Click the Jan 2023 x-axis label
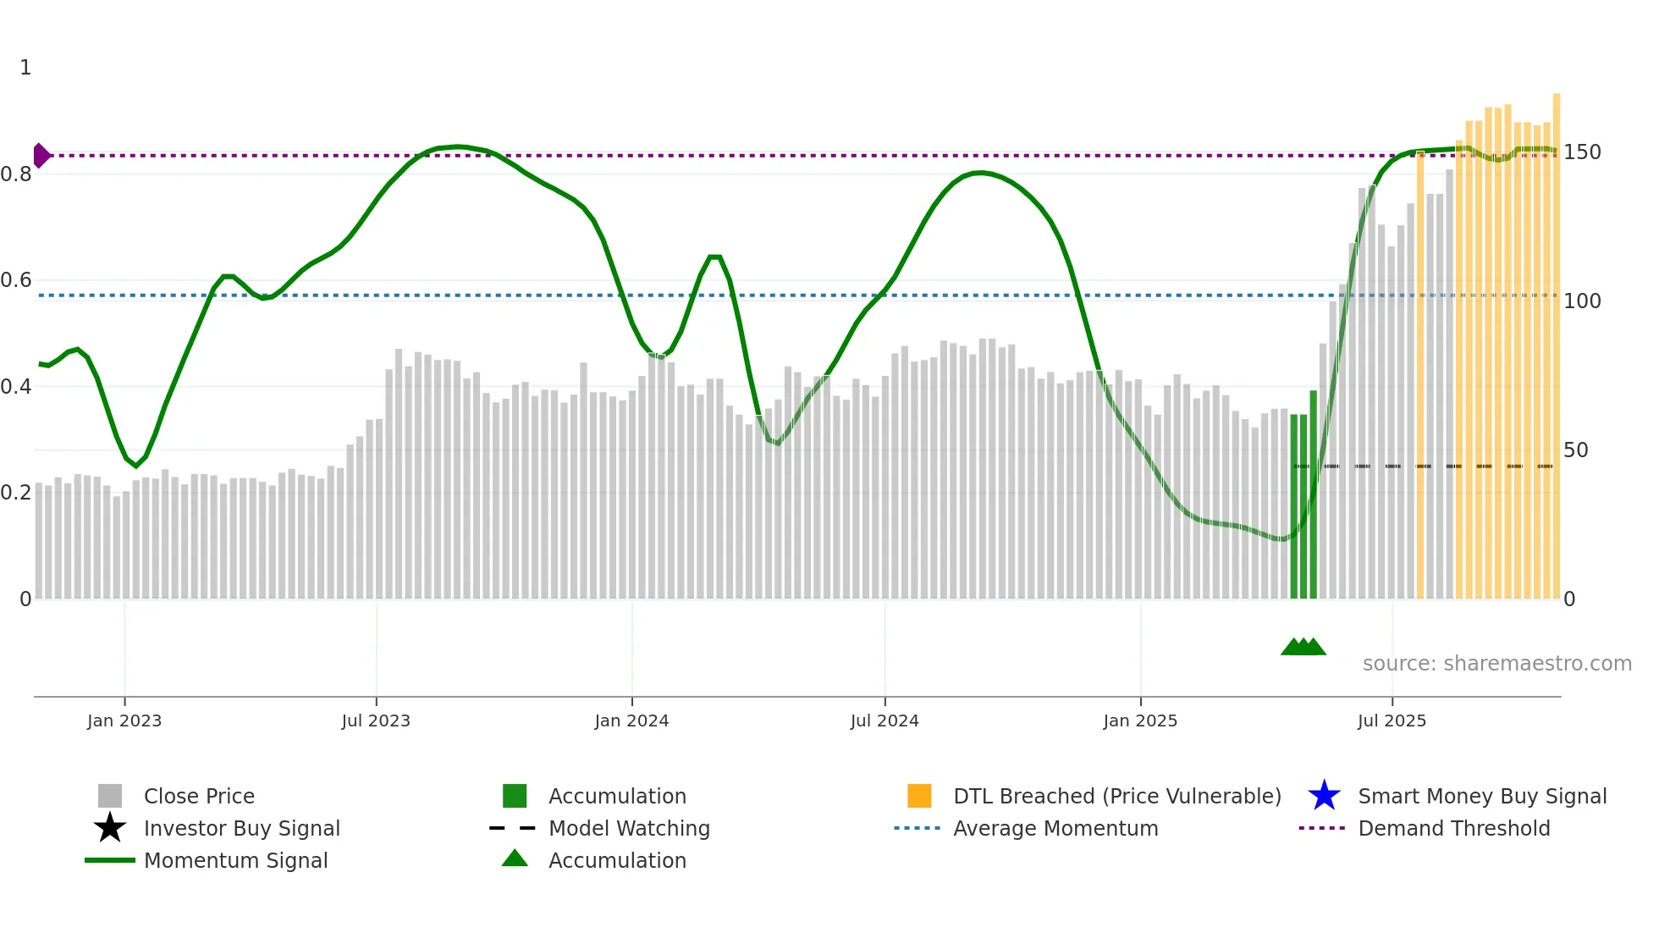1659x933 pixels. [124, 720]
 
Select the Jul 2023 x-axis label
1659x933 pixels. [376, 720]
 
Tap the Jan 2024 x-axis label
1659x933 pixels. [631, 720]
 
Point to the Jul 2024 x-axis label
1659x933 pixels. [885, 720]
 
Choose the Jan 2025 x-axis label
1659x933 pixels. [1140, 720]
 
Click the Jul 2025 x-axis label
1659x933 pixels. [1392, 720]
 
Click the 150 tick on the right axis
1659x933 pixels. [1582, 152]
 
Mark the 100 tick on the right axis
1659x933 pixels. [1582, 301]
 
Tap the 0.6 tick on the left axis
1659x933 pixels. [16, 280]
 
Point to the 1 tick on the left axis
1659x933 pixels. [25, 68]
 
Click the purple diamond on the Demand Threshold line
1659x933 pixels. [41, 156]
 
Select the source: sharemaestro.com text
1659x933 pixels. [1496, 664]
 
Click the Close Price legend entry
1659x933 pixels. [199, 796]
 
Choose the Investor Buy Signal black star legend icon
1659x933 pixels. [110, 828]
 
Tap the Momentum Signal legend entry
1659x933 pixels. [235, 860]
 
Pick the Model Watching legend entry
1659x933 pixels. [629, 828]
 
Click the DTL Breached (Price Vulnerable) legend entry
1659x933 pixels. [1116, 796]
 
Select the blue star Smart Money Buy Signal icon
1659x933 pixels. [1324, 796]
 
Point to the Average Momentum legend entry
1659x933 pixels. [1055, 828]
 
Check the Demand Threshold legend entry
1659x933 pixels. [1453, 828]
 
